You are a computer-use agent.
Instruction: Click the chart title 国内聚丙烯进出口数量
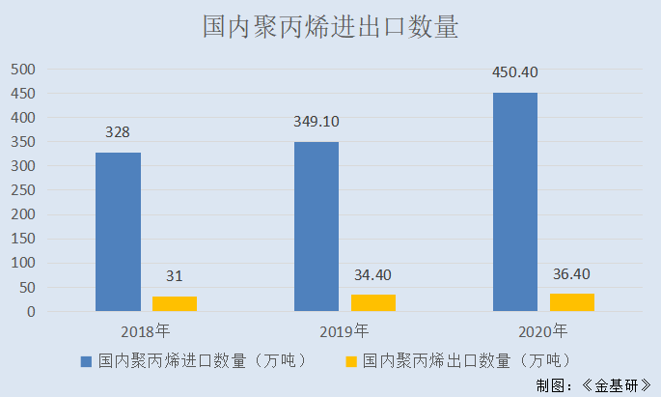330,26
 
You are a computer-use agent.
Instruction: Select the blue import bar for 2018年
118,232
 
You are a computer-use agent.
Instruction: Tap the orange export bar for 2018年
175,303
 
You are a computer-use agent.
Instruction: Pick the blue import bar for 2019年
317,227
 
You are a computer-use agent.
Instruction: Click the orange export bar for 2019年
373,302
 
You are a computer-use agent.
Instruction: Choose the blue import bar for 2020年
515,202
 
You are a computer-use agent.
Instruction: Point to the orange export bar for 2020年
572,301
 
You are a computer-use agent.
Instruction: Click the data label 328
118,132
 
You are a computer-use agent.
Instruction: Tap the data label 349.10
317,123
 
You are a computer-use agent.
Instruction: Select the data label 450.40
515,73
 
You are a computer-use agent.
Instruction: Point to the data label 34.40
372,275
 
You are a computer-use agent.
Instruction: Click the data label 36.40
571,274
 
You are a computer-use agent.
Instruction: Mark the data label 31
174,277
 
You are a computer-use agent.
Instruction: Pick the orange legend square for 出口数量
350,361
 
